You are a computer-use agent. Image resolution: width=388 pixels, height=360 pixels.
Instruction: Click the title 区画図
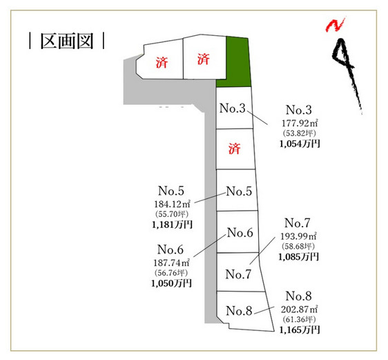point(67,41)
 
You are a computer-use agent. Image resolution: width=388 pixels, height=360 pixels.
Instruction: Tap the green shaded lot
point(235,62)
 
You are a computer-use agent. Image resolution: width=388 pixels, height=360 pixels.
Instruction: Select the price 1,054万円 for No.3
point(300,144)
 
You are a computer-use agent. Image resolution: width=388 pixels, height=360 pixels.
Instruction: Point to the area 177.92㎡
point(300,123)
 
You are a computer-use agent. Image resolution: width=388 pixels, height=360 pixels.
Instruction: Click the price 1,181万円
point(172,225)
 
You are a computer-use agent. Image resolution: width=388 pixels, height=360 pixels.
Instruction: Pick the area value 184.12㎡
point(172,204)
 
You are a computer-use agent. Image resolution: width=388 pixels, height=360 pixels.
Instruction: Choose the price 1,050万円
point(171,283)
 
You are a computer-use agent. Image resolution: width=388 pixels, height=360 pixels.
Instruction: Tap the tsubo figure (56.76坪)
point(171,273)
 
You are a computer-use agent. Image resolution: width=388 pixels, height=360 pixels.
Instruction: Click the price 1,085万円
point(298,257)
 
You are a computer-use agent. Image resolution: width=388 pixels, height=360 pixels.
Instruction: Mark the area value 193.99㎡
point(298,236)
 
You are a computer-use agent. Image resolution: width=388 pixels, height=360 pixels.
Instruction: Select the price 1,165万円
point(300,330)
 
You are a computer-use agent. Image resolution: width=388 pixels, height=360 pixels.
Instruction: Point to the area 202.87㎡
point(299,310)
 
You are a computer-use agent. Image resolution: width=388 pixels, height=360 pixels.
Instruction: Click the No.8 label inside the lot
point(239,311)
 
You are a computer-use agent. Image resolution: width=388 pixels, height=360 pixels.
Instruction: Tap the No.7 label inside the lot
point(238,274)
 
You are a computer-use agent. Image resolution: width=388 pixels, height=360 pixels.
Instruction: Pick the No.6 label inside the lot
point(240,233)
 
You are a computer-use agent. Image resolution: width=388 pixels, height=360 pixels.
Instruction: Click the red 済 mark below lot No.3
point(234,149)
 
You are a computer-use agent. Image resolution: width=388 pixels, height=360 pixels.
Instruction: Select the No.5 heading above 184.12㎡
point(171,191)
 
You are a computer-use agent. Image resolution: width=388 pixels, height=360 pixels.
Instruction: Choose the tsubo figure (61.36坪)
point(299,319)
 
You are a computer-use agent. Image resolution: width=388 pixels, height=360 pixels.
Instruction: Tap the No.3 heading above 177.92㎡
point(299,110)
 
